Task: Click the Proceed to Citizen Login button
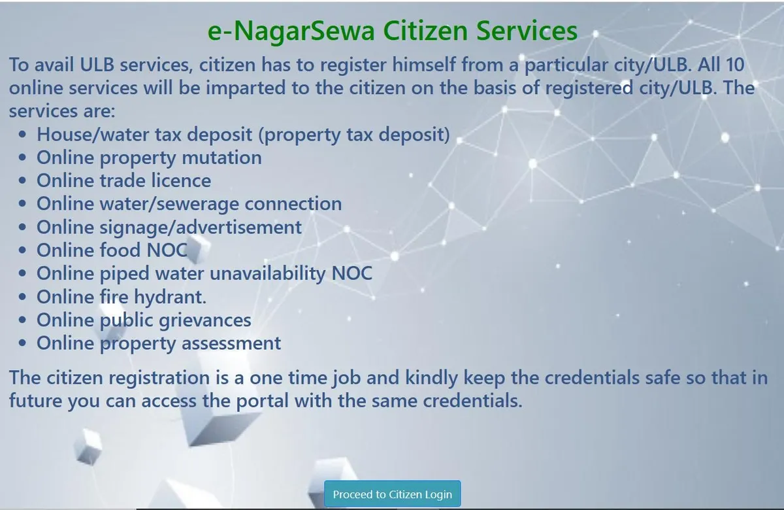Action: tap(393, 494)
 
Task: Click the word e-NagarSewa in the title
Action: tap(291, 31)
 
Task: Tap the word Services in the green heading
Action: tap(527, 31)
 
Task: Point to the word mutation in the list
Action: tap(222, 158)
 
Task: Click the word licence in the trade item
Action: tap(182, 180)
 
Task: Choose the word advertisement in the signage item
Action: tap(238, 227)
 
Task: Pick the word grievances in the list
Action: tap(204, 320)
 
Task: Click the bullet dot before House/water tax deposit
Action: tap(22, 135)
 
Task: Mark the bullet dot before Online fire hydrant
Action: tap(22, 297)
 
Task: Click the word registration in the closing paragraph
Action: tap(159, 378)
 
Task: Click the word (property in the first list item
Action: tap(300, 135)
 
